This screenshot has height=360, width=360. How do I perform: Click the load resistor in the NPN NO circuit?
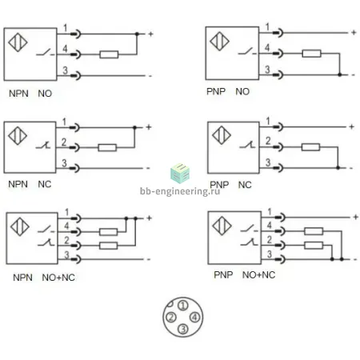pyautogui.click(x=109, y=54)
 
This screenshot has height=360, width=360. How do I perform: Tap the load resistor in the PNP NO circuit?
pyautogui.click(x=311, y=54)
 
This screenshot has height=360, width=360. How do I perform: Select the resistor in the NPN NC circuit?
pyautogui.click(x=107, y=147)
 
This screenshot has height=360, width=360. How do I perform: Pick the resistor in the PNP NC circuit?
pyautogui.click(x=310, y=147)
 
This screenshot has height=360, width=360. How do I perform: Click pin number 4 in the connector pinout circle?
pyautogui.click(x=194, y=318)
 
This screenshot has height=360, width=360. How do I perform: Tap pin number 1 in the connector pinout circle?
pyautogui.click(x=183, y=306)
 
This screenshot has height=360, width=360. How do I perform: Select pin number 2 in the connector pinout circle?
pyautogui.click(x=171, y=318)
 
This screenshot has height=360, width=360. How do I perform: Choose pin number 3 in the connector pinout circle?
pyautogui.click(x=183, y=329)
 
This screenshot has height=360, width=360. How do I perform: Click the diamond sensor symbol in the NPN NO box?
pyautogui.click(x=18, y=42)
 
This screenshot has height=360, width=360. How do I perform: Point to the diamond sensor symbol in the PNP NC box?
pyautogui.click(x=222, y=135)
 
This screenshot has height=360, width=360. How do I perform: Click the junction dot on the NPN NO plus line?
pyautogui.click(x=137, y=34)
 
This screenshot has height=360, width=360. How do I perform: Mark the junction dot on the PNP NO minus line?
pyautogui.click(x=339, y=74)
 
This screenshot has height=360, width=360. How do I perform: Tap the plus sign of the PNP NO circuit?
pyautogui.click(x=354, y=33)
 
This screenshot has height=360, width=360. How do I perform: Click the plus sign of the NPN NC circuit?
pyautogui.click(x=149, y=127)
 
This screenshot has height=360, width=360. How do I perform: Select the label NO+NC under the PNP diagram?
pyautogui.click(x=258, y=275)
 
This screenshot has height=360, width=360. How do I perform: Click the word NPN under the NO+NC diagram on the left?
pyautogui.click(x=22, y=278)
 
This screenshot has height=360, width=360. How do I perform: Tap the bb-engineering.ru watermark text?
pyautogui.click(x=180, y=191)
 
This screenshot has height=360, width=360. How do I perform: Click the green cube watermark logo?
pyautogui.click(x=180, y=174)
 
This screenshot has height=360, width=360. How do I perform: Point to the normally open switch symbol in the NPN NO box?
pyautogui.click(x=46, y=52)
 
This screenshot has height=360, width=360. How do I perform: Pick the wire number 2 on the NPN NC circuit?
pyautogui.click(x=64, y=142)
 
